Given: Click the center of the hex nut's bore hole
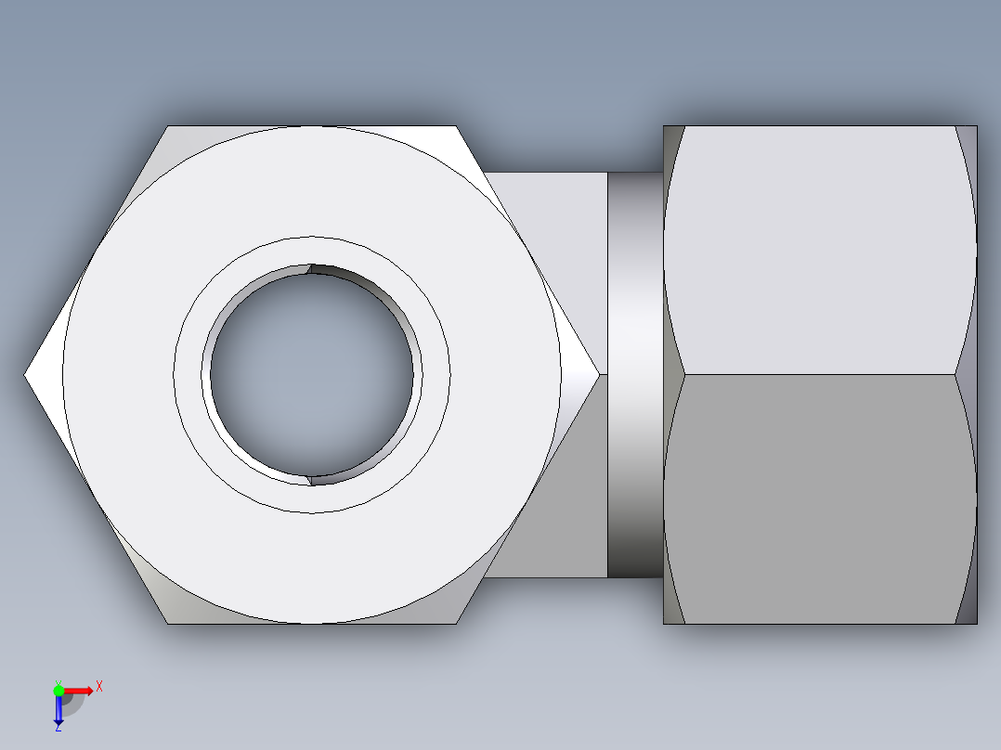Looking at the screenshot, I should [312, 374].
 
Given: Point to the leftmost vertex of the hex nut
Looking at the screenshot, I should [25, 375].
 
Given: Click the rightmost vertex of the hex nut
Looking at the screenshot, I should [599, 374].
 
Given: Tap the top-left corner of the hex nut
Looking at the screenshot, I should [168, 126].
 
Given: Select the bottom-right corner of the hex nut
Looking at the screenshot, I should [456, 623].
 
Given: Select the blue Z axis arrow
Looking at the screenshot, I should [58, 710].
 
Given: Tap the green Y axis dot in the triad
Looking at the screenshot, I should [58, 690].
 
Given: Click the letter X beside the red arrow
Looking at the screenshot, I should [99, 687].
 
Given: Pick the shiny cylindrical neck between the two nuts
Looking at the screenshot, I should [635, 374].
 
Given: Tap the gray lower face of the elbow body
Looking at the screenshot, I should [557, 501].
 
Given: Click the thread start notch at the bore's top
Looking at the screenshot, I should [310, 269].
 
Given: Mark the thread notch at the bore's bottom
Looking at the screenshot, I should [310, 480].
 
